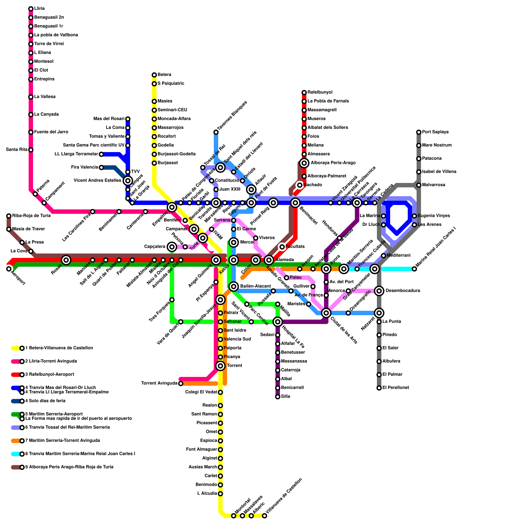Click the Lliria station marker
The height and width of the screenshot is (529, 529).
[31, 9]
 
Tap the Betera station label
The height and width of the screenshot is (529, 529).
[164, 75]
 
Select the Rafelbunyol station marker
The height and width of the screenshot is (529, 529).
[304, 92]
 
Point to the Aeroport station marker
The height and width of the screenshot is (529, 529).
[9, 269]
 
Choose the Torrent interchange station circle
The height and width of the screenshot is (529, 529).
[221, 366]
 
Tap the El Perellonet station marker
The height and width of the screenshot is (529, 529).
[379, 388]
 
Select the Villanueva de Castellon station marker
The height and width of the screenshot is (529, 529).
[264, 516]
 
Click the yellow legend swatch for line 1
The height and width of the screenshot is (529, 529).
[16, 348]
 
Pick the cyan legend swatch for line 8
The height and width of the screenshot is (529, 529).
[16, 454]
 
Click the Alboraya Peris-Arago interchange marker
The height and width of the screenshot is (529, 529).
[305, 163]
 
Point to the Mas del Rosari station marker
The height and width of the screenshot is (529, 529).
[128, 119]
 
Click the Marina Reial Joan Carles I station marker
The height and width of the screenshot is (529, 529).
[414, 269]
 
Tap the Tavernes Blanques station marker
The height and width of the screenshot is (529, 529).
[216, 132]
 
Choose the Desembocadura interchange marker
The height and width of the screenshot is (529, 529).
[379, 291]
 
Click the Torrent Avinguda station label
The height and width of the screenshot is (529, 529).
[159, 384]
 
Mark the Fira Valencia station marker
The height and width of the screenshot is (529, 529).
[102, 168]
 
